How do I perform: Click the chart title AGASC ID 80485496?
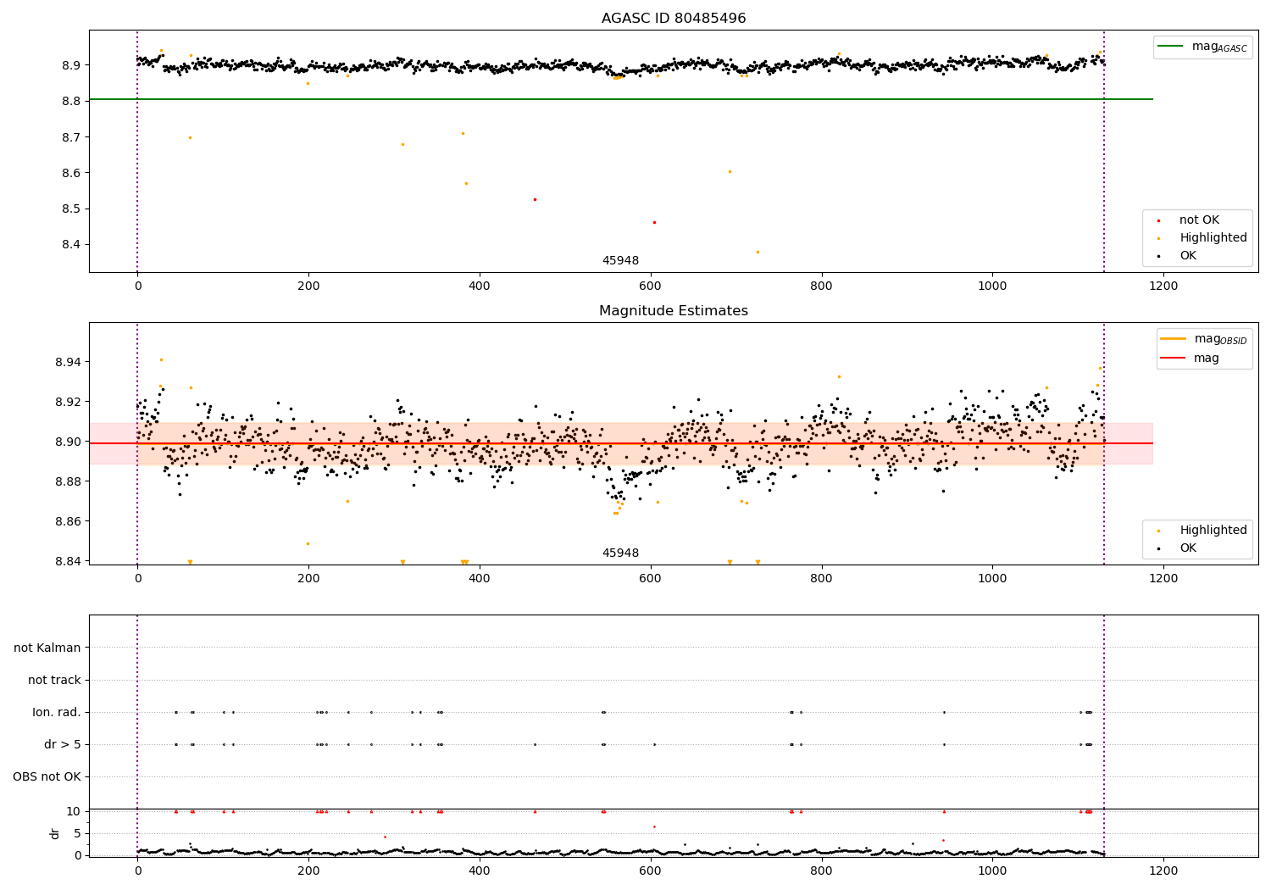(x=674, y=19)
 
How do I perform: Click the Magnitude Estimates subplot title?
(x=674, y=311)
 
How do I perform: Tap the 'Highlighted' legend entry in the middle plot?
(x=1213, y=531)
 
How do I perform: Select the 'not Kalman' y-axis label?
(x=47, y=648)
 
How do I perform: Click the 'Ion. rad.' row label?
(x=57, y=713)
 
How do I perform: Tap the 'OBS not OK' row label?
(x=47, y=777)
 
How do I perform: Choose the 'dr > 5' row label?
(x=63, y=745)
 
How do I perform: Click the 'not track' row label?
(x=54, y=681)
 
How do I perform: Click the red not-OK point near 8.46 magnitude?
(x=654, y=222)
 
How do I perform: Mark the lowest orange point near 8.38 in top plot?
(x=758, y=252)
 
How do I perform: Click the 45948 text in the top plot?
(x=620, y=261)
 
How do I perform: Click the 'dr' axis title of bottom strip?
(x=55, y=833)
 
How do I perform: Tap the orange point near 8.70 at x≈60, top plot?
(x=190, y=137)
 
